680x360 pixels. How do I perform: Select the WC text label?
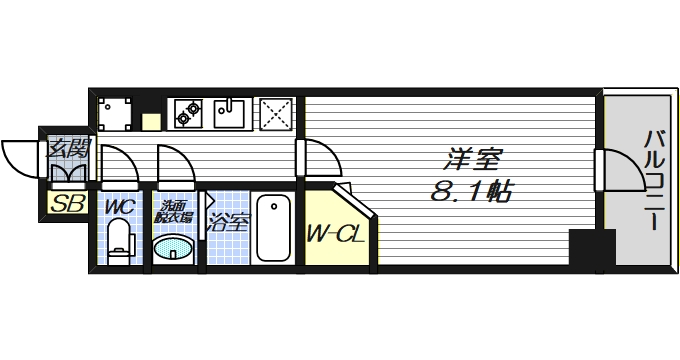click(x=119, y=206)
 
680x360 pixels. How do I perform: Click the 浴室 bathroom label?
click(x=227, y=222)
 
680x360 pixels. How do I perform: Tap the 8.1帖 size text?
click(x=471, y=191)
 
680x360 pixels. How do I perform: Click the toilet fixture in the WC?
click(x=119, y=241)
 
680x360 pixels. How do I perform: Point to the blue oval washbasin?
click(x=174, y=246)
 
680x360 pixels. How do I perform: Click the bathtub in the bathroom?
click(x=272, y=227)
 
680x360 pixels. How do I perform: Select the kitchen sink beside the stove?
click(x=232, y=113)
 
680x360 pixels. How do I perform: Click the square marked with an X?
click(x=275, y=113)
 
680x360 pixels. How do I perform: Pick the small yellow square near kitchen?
click(x=151, y=122)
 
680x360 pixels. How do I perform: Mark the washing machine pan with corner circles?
click(x=115, y=113)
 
